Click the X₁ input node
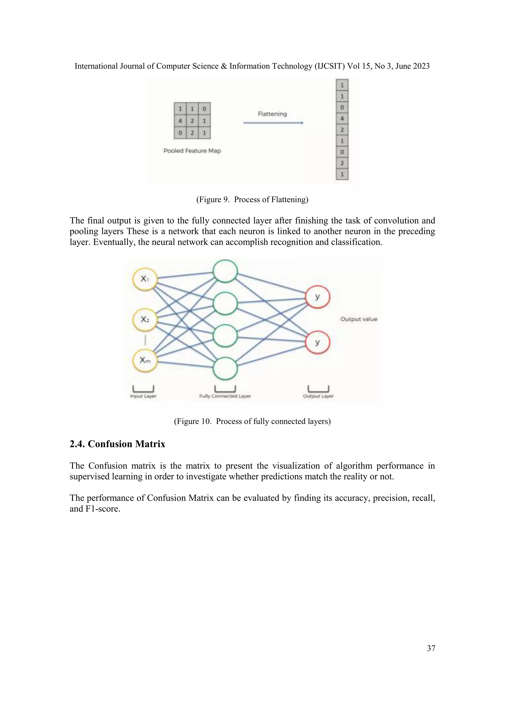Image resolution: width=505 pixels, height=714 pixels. point(145,279)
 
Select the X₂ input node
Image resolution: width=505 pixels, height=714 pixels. point(145,319)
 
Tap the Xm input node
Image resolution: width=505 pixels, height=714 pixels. point(145,360)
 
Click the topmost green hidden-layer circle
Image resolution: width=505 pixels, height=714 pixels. point(225,271)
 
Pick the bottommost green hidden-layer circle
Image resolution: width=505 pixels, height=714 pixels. point(225,369)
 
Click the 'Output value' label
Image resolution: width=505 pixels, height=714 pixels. point(359,319)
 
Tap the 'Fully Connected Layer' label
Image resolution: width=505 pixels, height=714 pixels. point(225,396)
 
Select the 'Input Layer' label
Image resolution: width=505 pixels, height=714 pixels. point(143,396)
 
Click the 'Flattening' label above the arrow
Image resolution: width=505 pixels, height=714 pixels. point(272,114)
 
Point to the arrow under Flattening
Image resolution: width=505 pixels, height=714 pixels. point(273,123)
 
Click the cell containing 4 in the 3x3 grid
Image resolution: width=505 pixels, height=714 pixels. point(180,121)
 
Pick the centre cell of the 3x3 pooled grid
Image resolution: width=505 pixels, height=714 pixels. point(192,121)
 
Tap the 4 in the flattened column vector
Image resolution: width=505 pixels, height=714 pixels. point(342,119)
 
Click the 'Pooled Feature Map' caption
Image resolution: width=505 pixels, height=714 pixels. point(192,151)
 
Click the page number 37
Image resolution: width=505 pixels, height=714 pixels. point(431,648)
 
